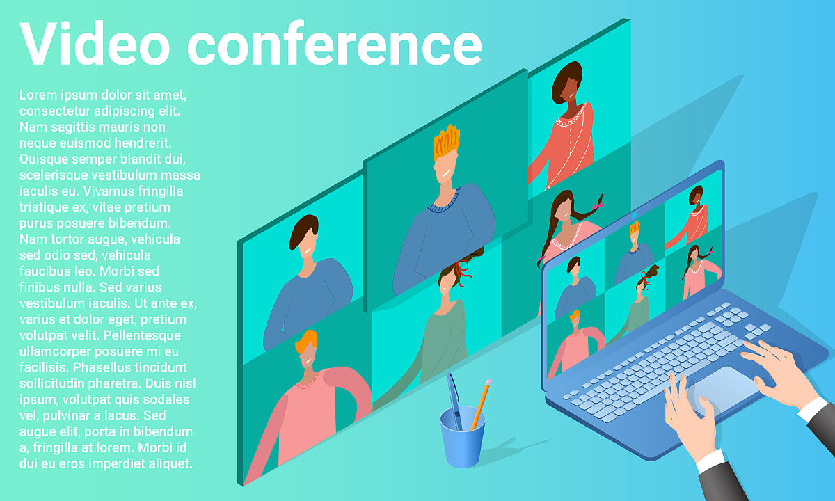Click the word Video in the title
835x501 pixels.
95,43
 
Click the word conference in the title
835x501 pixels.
335,43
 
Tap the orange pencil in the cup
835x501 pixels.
481,404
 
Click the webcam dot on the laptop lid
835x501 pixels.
634,216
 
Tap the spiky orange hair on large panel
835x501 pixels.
447,143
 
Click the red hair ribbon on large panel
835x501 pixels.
463,272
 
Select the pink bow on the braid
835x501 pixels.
598,205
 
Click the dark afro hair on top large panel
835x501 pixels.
566,81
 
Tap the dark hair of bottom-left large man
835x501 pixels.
303,230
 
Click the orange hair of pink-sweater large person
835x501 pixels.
306,341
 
